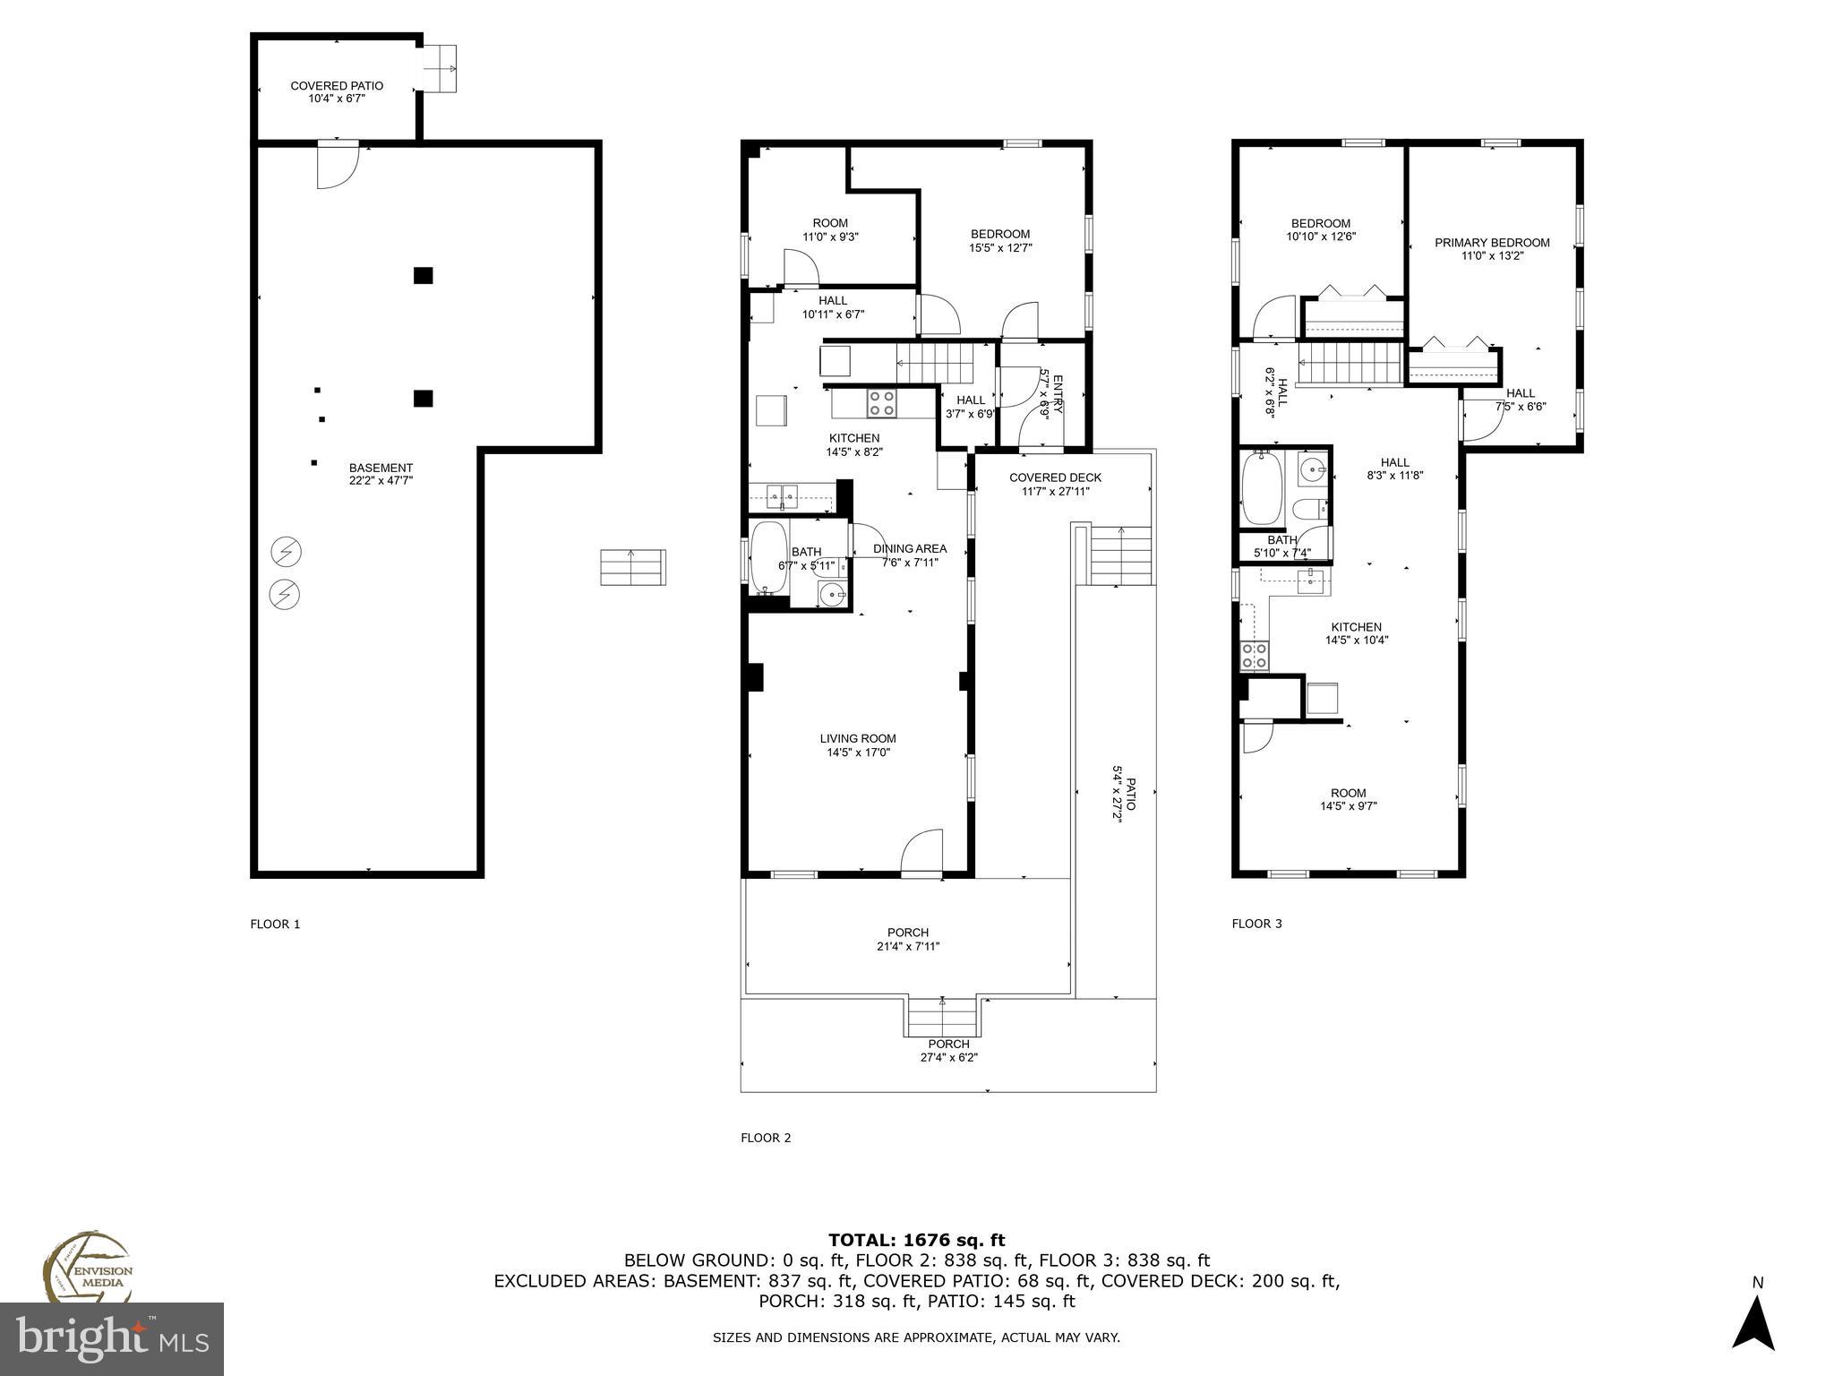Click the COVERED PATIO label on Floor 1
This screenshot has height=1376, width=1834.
pos(337,86)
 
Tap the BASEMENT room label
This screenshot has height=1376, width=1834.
pos(381,468)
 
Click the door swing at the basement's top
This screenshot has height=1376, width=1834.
pos(338,167)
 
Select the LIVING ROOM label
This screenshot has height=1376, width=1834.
pos(858,739)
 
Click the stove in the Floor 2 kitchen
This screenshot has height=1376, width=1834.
pos(882,403)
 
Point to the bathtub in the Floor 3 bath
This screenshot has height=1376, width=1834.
pos(1262,488)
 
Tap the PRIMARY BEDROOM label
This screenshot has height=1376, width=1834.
pos(1492,243)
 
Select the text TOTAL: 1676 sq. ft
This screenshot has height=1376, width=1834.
pos(916,1240)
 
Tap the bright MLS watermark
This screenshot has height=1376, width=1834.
pos(112,1339)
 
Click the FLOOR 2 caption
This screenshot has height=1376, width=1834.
pos(766,1138)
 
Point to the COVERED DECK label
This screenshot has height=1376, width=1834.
pos(1055,477)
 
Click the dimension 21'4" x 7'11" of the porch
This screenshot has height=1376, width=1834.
pos(908,946)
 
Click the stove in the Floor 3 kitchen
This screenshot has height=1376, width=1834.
pos(1255,657)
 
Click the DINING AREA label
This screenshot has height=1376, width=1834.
pos(909,548)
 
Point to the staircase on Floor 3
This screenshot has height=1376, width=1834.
pos(1349,367)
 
